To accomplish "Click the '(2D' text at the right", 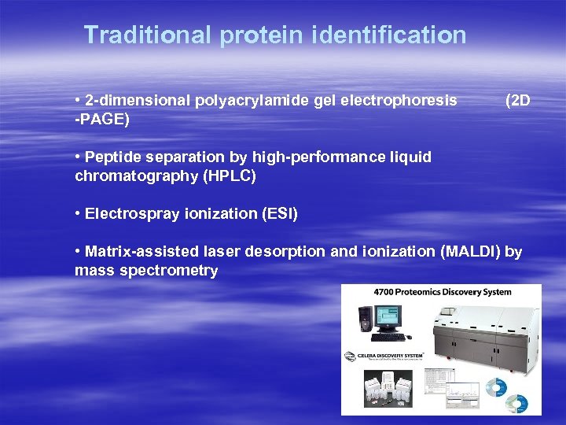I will pos(518,101).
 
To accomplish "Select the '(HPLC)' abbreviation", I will pos(230,176).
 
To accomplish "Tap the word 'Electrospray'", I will pos(129,213).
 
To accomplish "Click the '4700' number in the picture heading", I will pos(384,292).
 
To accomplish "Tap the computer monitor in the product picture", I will pos(387,317).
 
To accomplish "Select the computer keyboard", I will pos(388,337).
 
